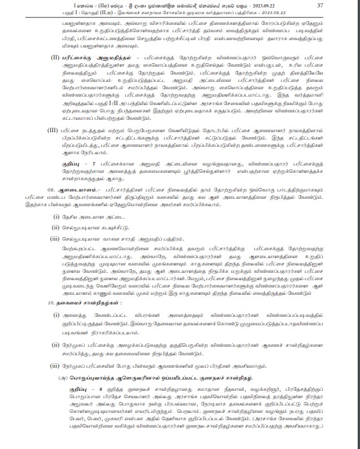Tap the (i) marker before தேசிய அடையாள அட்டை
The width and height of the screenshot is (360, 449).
pos(57,217)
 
